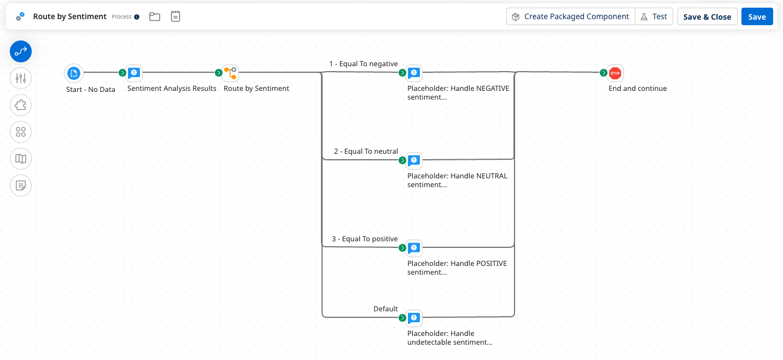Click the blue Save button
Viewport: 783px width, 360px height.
click(757, 16)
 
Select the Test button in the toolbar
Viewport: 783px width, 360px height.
click(654, 16)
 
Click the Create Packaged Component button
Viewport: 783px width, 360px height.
click(570, 16)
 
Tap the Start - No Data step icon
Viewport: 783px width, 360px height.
click(73, 73)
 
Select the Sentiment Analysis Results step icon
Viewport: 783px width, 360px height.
click(134, 73)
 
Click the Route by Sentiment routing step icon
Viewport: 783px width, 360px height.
click(230, 73)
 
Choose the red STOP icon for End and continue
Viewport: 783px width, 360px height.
click(615, 73)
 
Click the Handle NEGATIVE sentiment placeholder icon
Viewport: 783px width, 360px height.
click(414, 73)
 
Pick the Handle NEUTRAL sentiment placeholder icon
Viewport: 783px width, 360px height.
click(414, 160)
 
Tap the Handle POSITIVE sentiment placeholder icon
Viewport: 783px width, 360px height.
click(414, 248)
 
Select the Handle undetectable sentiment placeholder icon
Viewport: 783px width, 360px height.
click(414, 318)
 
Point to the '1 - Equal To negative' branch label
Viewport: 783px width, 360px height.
click(363, 64)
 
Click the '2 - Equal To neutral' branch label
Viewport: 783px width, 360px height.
click(366, 152)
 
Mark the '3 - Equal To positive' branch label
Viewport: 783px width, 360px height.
click(365, 239)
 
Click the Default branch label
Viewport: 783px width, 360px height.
click(385, 309)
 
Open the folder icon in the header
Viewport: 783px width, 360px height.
click(155, 16)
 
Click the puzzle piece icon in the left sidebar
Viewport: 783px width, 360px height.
click(21, 105)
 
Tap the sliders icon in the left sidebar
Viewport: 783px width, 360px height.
click(21, 78)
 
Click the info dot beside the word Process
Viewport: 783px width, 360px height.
click(137, 17)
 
